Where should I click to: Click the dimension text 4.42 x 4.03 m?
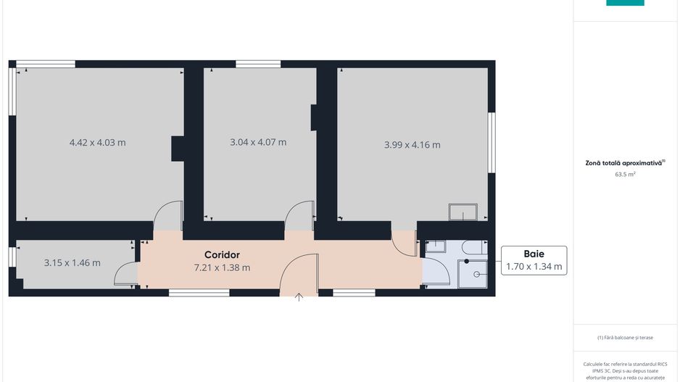coord(97,143)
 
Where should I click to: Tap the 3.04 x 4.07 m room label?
coord(258,142)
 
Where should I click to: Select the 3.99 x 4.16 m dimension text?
coord(412,145)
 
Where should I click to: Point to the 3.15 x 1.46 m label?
coord(72,263)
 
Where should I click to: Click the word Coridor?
coord(222,255)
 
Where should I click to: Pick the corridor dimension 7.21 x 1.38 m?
coord(222,267)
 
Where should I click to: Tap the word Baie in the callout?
coord(534,254)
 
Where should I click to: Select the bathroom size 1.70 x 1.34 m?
coord(534,267)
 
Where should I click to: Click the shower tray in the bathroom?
coord(473,274)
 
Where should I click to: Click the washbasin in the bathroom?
coord(435,246)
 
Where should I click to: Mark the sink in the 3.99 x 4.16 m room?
coord(463,212)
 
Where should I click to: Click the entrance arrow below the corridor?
coord(300,296)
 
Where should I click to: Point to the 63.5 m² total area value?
coord(625,175)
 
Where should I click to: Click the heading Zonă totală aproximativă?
coord(623,164)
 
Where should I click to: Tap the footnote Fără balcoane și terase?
coord(625,337)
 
